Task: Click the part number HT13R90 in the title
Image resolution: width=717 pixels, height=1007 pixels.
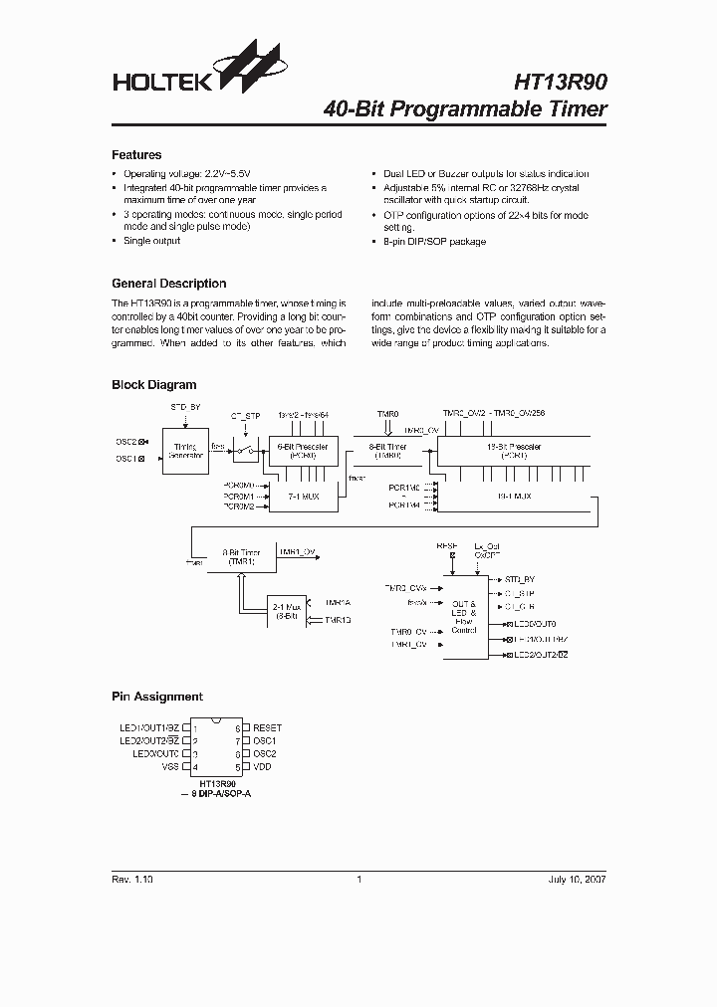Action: tap(560, 83)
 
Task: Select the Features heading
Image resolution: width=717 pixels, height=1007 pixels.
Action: tap(136, 155)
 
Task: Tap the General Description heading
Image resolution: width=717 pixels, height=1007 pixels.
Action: tap(168, 284)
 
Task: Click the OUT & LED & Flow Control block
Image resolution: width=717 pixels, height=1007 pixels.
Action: tap(464, 617)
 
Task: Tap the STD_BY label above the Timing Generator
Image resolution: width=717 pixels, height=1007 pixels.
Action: tap(184, 408)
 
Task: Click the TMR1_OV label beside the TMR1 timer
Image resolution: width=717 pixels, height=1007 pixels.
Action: tap(298, 550)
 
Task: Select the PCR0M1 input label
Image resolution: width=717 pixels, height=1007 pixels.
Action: tap(239, 496)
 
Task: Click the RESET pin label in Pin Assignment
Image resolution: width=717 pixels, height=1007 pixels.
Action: tap(267, 728)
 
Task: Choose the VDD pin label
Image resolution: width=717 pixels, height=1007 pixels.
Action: tap(262, 767)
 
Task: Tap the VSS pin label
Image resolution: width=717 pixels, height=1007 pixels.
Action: tap(170, 767)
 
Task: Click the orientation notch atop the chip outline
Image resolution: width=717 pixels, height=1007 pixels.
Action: tap(218, 720)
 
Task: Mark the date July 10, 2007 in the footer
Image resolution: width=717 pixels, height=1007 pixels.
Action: tap(577, 880)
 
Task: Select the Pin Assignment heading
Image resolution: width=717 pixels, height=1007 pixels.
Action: tap(156, 697)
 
